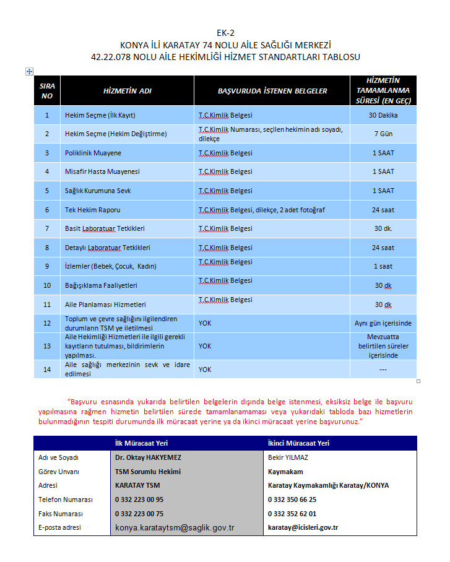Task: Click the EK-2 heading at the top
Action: point(225,33)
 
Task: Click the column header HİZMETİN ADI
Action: point(127,91)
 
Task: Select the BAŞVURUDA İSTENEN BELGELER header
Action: point(272,91)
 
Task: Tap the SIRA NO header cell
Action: point(47,91)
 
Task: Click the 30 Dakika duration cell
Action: point(383,115)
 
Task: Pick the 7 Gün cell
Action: point(383,134)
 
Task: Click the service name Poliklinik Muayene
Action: point(93,153)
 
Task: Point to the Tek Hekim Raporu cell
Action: point(92,210)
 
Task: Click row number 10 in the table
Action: point(47,285)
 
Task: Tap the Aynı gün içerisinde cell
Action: point(383,323)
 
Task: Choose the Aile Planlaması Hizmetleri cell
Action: point(105,305)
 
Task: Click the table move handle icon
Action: point(28,72)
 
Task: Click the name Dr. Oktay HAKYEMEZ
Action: point(148,457)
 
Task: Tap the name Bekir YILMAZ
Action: point(288,457)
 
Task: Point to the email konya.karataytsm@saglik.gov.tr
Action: point(175,528)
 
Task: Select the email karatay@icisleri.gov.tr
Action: point(303,528)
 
